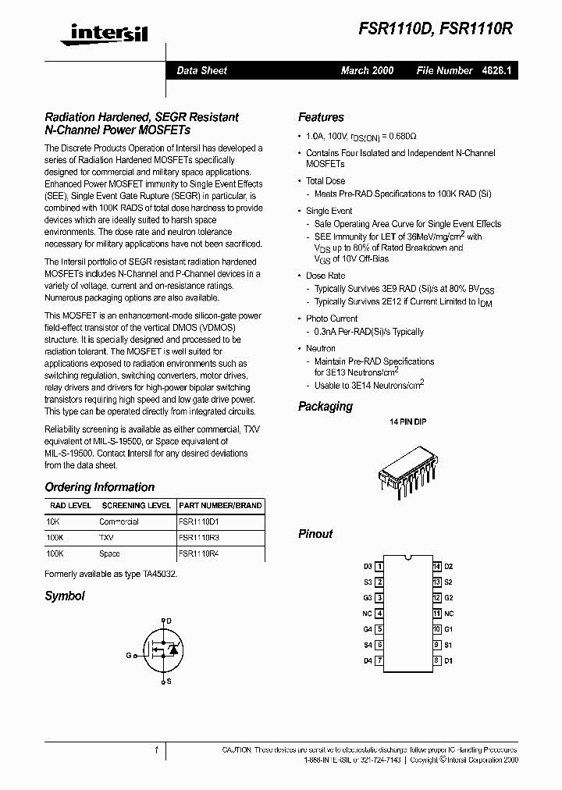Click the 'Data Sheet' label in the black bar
(201, 70)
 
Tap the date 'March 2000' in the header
(367, 70)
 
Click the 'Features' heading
(321, 117)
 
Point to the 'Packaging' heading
(325, 407)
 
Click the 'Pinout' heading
(315, 534)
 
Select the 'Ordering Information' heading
(100, 487)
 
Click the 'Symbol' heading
(65, 596)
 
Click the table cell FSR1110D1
(199, 521)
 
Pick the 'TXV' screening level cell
(106, 538)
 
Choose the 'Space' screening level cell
(109, 553)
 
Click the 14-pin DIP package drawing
(407, 471)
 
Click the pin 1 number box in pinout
(379, 567)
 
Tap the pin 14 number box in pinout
(436, 567)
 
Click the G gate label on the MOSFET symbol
(128, 655)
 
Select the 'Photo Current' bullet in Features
(332, 318)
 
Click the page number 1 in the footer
(156, 750)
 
